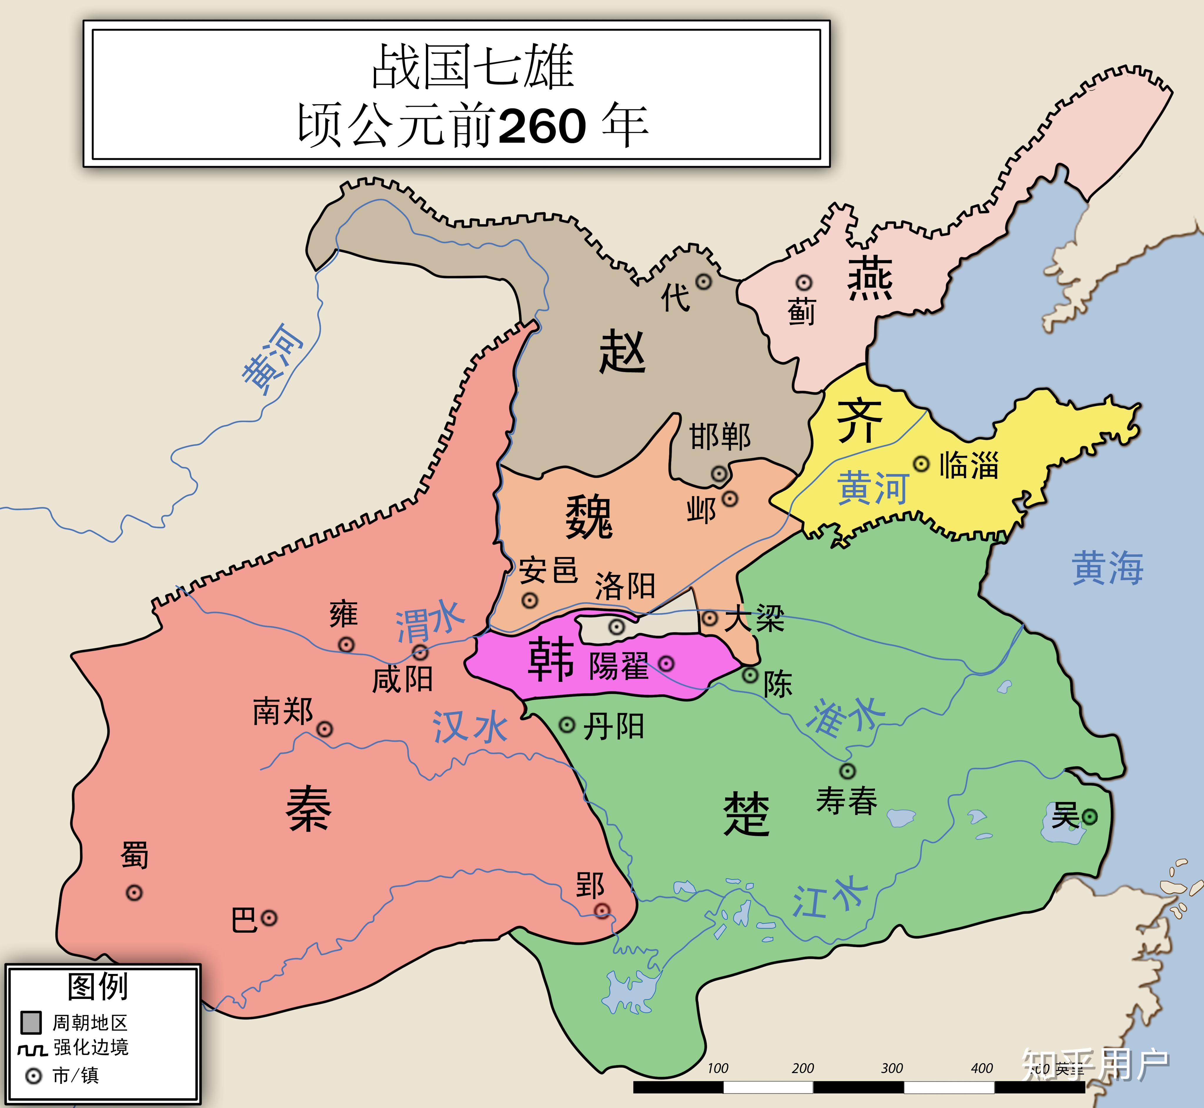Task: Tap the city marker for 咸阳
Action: point(420,652)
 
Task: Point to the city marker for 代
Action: point(703,282)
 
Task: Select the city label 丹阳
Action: point(613,727)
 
